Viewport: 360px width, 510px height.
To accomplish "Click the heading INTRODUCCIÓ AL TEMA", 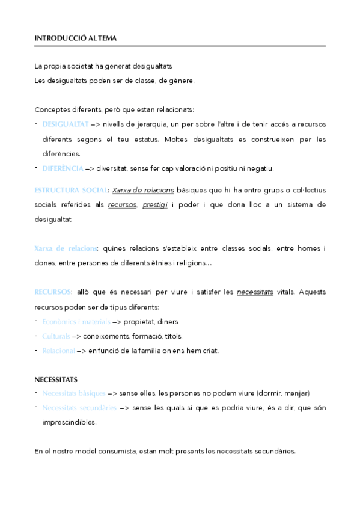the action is pos(76,38).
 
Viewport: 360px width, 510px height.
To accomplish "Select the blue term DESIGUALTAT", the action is pos(66,124).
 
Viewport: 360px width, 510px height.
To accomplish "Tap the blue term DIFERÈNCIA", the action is pos(63,168).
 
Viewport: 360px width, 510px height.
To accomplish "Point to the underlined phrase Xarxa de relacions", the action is pos(143,190).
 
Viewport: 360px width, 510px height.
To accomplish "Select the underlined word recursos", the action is pos(123,204).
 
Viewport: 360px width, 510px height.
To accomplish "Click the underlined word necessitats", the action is pos(255,292).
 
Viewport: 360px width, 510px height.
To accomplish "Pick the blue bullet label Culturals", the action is pos(56,336).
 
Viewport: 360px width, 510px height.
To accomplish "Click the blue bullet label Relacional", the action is pos(58,350).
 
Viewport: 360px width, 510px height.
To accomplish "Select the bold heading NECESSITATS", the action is pos(56,379).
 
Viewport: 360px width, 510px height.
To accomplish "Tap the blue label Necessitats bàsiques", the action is pos(74,393).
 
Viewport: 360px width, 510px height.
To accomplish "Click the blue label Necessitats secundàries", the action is pos(79,408).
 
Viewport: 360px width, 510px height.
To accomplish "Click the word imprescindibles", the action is pos(69,422).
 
